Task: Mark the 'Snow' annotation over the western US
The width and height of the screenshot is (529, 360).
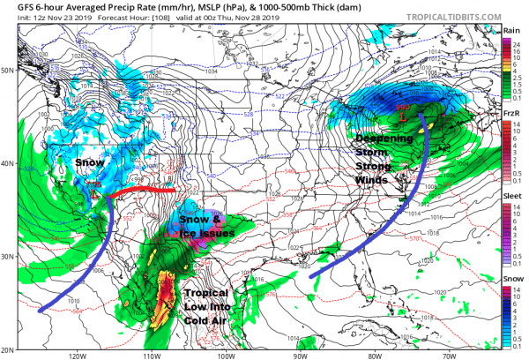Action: point(89,164)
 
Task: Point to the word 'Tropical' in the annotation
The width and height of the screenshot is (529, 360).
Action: point(206,292)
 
